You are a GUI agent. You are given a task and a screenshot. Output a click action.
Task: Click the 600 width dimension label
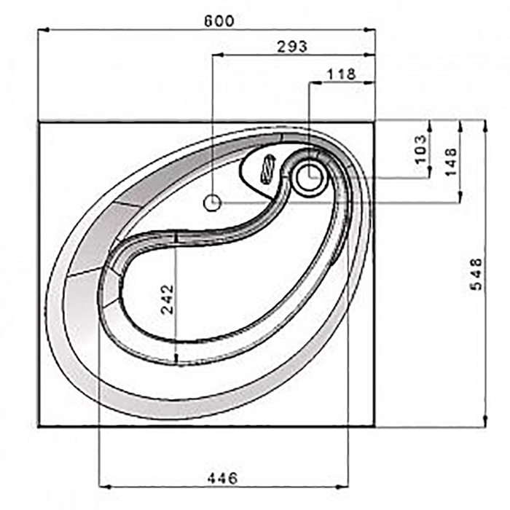tap(219, 21)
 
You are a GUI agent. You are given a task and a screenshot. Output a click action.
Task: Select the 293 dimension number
tap(291, 47)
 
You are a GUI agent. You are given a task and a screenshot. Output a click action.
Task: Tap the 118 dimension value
tap(342, 74)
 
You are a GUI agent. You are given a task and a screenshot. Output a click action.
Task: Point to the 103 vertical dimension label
tap(420, 149)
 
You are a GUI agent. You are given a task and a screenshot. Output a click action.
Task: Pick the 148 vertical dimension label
tap(451, 162)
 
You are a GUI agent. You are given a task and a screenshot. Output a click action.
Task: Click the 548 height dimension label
tap(476, 274)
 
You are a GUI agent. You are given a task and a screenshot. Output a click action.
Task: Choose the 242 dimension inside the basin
tap(168, 299)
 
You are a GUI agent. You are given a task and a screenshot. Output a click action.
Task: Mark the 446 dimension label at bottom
tap(222, 478)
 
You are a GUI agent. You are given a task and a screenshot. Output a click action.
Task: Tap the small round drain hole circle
tap(213, 203)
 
